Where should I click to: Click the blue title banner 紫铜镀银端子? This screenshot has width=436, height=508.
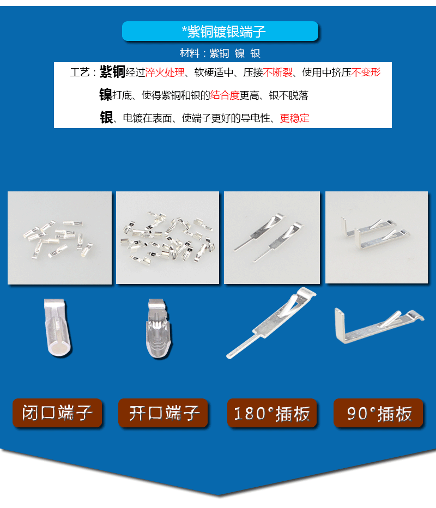point(220,31)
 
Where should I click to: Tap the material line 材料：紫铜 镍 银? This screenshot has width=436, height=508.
point(220,53)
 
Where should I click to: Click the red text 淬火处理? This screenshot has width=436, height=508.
point(165,72)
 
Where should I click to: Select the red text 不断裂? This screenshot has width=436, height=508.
point(277,72)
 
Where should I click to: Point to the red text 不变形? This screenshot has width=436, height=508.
point(366,72)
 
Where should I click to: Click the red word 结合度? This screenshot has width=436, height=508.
point(225,95)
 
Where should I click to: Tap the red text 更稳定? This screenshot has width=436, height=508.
point(294,118)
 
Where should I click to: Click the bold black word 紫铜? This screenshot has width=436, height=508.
point(112,71)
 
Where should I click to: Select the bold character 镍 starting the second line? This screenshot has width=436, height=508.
point(106,95)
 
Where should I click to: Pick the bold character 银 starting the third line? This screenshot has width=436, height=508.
point(106,117)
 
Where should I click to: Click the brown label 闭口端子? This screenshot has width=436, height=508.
point(57,413)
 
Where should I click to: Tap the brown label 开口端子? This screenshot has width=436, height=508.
point(163,413)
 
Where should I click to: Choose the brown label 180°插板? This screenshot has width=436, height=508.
point(272,413)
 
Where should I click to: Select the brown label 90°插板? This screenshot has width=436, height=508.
point(378,413)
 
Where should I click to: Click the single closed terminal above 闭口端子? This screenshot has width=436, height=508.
point(58,327)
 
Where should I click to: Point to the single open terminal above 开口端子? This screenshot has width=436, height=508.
point(159,328)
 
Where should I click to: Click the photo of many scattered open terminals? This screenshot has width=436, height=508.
point(167,238)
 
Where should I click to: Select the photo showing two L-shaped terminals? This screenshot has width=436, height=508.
point(377,238)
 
